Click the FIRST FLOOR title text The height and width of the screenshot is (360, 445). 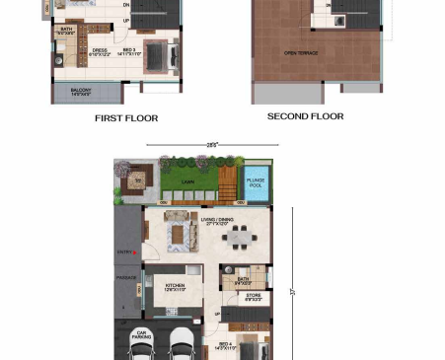pos(126,118)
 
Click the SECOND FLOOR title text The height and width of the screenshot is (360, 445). pos(306,116)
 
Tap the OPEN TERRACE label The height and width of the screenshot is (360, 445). pos(301,53)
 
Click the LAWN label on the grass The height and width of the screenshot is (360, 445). pos(188,180)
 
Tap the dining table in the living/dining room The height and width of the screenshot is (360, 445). pos(240,237)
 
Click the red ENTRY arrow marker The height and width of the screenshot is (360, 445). pos(138,253)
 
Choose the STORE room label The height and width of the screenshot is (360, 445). pos(253,295)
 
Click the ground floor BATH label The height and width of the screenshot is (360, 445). pos(244,279)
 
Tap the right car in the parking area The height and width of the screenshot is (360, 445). pos(184,346)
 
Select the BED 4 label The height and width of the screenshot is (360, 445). pos(224,346)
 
